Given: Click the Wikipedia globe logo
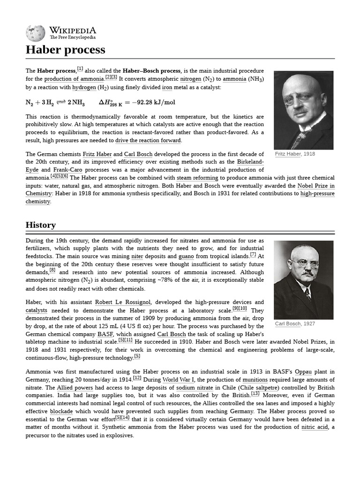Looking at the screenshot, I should coord(36,33).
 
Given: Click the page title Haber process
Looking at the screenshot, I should coord(65,50).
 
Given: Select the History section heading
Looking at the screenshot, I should coord(41,225).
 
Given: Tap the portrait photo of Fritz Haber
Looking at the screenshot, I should coord(303,110).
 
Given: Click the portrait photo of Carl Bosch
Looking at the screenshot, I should coord(303,280).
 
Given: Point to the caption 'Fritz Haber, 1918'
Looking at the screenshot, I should coord(295,154).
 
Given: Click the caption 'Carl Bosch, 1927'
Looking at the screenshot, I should coord(295,324).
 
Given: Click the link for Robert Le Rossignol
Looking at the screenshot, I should coord(123,302).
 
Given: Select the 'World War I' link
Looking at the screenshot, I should coord(178,380).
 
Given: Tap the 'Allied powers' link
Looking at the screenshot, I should coord(75,388).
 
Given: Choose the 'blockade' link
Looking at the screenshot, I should coord(61,412).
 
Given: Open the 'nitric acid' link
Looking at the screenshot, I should coord(315,427).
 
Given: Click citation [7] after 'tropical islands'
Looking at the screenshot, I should coord(253,255).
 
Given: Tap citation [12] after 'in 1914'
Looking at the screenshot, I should coord(137,378).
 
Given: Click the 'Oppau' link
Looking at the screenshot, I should coord(303,372).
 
